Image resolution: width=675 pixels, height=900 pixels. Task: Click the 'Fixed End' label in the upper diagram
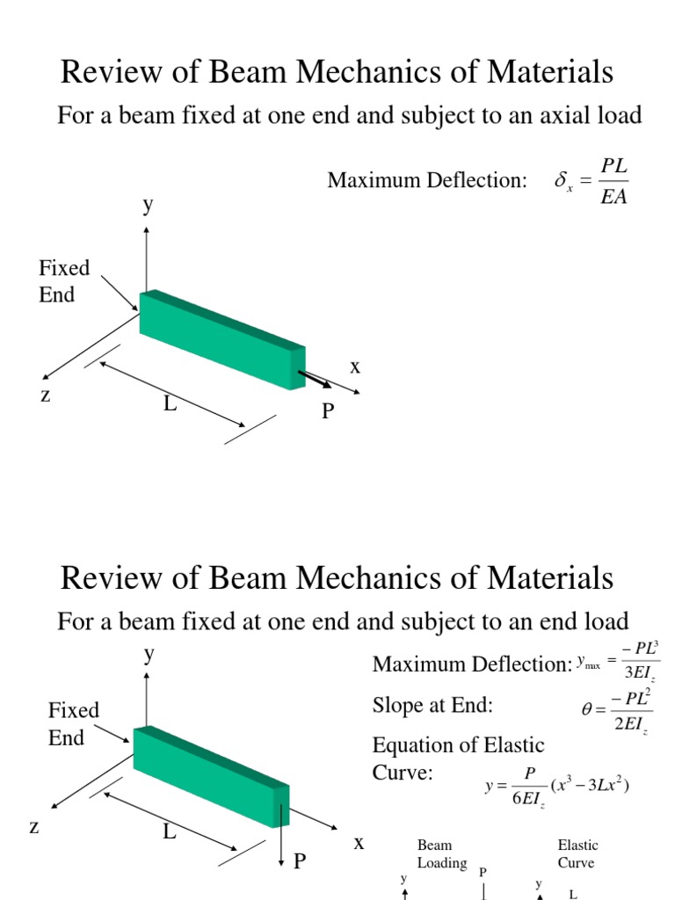[63, 281]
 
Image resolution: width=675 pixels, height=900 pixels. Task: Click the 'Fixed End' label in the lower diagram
[73, 723]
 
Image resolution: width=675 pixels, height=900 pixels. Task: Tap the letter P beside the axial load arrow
[328, 410]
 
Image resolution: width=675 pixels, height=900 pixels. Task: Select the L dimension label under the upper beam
[170, 404]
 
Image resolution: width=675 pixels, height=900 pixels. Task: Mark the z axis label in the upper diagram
[45, 395]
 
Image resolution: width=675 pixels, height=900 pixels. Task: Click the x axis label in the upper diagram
[355, 367]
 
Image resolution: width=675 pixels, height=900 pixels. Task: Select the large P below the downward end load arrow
[300, 861]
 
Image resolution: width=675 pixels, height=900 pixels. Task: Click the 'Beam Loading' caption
[441, 853]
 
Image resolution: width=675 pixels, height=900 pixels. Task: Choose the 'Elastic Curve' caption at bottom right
[577, 853]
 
